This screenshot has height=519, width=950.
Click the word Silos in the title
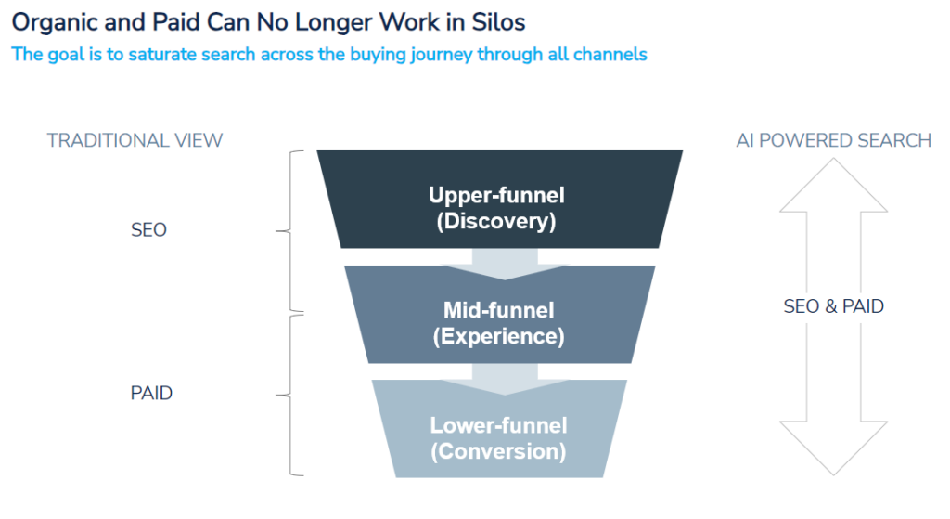click(x=498, y=22)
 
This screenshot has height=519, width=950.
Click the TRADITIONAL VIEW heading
click(x=135, y=141)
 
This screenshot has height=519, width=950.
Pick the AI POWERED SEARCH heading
click(x=834, y=141)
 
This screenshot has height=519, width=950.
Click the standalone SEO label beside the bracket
click(x=149, y=230)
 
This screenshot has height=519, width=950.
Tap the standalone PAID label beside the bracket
click(x=151, y=393)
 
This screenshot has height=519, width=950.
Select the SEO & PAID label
click(x=834, y=306)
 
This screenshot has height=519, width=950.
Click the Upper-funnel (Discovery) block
click(x=500, y=200)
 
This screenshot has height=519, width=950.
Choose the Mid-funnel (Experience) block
click(x=500, y=315)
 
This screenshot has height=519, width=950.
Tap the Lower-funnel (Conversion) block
click(x=499, y=429)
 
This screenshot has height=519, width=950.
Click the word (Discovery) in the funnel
click(x=496, y=221)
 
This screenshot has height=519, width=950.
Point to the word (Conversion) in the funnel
click(x=498, y=452)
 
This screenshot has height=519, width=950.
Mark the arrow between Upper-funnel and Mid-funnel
click(x=505, y=264)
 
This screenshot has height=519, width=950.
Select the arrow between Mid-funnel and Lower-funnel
click(x=505, y=379)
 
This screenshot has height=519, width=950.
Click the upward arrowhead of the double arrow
click(x=834, y=185)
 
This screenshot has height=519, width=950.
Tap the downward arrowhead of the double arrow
click(x=834, y=448)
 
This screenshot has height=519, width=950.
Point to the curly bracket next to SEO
click(x=289, y=231)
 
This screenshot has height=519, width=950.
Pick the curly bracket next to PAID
click(x=289, y=396)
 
